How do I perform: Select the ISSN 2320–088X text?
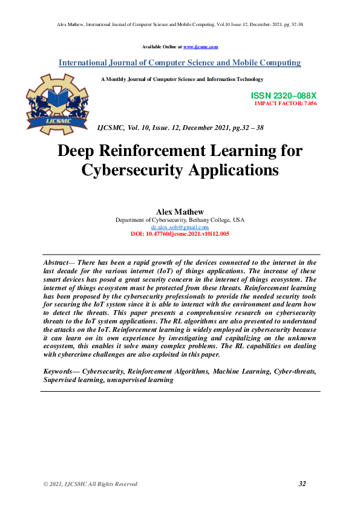[x=283, y=96]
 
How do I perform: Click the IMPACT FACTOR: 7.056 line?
[x=286, y=103]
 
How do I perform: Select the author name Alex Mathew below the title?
[x=180, y=212]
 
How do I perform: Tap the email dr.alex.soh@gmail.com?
[x=180, y=227]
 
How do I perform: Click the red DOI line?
[x=180, y=233]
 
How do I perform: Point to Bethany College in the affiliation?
[x=208, y=220]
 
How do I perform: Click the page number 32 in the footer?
[x=303, y=484]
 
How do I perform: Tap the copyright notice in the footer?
[x=90, y=484]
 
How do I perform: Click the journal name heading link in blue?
[x=180, y=63]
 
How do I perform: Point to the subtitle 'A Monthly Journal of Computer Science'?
[x=182, y=79]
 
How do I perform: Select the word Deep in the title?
[x=79, y=151]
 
